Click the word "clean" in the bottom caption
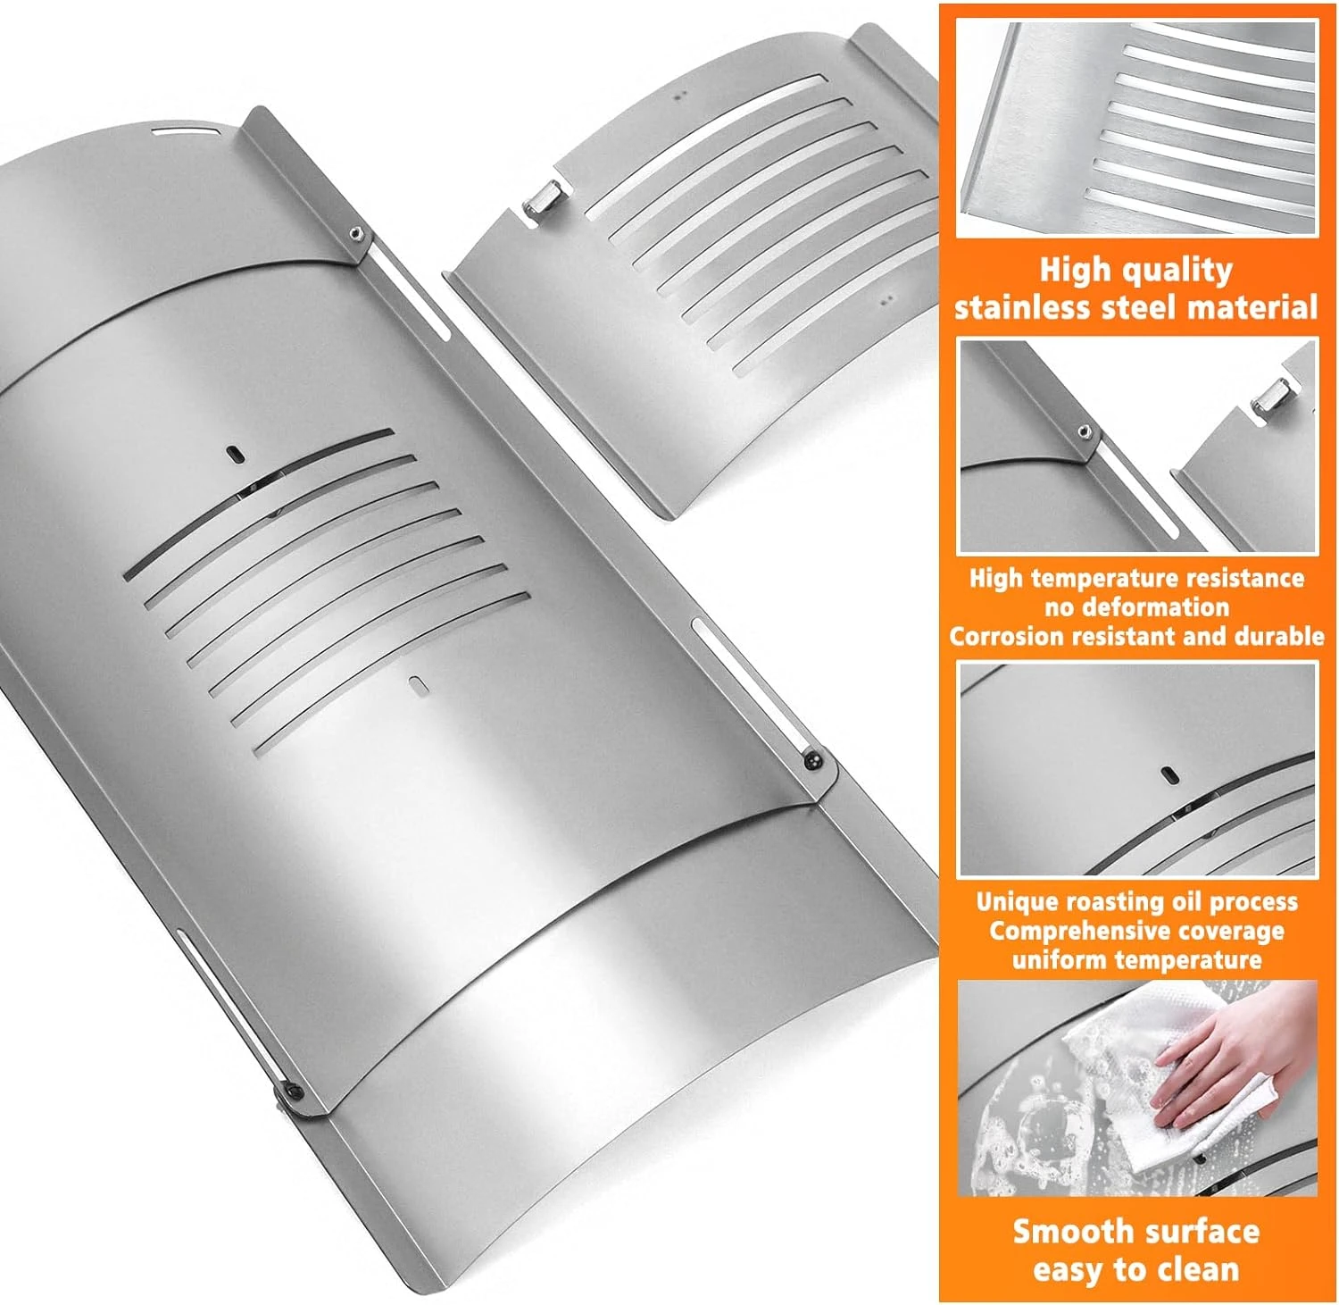point(1200,1269)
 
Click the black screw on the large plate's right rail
point(813,760)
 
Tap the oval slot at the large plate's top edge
point(184,133)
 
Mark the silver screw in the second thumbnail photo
point(1084,431)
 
